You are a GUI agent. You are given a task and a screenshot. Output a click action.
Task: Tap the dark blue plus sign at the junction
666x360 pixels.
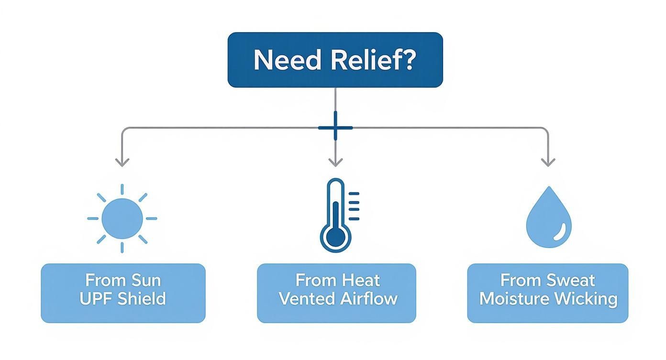tap(335, 128)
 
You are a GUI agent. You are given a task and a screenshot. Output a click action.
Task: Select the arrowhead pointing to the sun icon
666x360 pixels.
tap(122, 162)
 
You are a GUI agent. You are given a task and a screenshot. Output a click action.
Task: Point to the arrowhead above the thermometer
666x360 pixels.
tap(335, 162)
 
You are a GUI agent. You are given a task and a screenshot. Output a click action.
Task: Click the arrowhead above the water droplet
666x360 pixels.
tap(548, 162)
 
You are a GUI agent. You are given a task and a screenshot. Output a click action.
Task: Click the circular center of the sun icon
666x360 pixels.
tap(122, 218)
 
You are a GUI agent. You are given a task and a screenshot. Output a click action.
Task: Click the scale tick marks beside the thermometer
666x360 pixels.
tap(354, 206)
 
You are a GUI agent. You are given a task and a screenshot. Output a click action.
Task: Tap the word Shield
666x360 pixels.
tap(142, 299)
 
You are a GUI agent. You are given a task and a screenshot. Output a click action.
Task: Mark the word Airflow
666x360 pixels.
tap(369, 299)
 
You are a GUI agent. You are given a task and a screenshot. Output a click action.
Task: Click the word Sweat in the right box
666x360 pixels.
tap(571, 280)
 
